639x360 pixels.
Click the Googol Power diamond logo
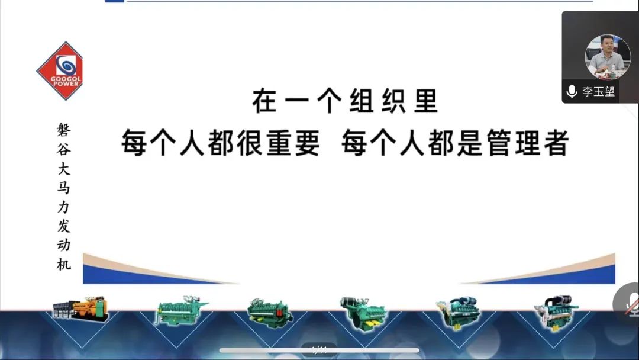point(60,71)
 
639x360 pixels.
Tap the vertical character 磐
point(63,130)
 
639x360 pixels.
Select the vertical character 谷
point(63,149)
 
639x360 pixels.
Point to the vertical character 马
point(63,188)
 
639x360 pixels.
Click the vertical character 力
point(63,207)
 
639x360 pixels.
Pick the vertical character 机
point(63,264)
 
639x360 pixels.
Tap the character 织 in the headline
point(393,101)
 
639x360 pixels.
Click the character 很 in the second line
point(251,143)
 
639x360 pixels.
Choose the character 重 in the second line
point(279,143)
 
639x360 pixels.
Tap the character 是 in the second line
point(470,143)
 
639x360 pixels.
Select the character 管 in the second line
point(499,143)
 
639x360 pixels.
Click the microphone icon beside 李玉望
point(572,91)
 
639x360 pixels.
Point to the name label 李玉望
point(598,91)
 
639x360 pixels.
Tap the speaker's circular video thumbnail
point(608,57)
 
